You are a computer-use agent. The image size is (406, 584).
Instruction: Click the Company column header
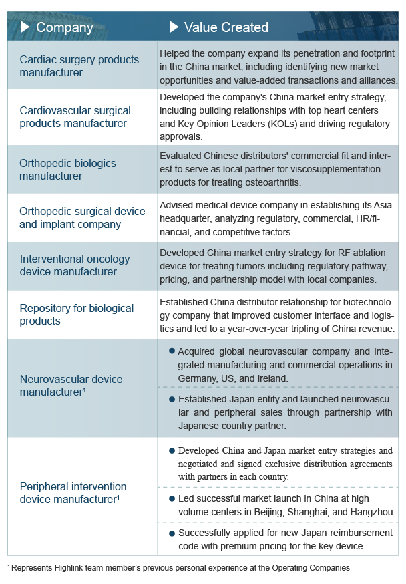[x=64, y=27]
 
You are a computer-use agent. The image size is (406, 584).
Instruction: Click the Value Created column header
[x=226, y=27]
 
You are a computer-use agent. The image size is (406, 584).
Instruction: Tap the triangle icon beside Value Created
[x=174, y=27]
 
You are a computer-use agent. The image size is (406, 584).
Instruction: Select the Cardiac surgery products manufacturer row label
[x=79, y=65]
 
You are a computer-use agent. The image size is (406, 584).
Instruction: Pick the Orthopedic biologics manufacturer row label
[x=67, y=170]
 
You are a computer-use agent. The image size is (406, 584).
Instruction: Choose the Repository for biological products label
[x=76, y=315]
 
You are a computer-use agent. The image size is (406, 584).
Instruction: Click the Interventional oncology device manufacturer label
[x=74, y=265]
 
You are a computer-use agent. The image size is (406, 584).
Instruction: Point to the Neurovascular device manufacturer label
[x=71, y=386]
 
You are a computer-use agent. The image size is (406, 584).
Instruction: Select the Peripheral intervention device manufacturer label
[x=73, y=493]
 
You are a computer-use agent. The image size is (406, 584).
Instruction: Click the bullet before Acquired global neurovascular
[x=172, y=351]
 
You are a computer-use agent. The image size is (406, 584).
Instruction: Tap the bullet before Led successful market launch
[x=172, y=499]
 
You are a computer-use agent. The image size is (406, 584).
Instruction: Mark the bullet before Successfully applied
[x=172, y=533]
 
